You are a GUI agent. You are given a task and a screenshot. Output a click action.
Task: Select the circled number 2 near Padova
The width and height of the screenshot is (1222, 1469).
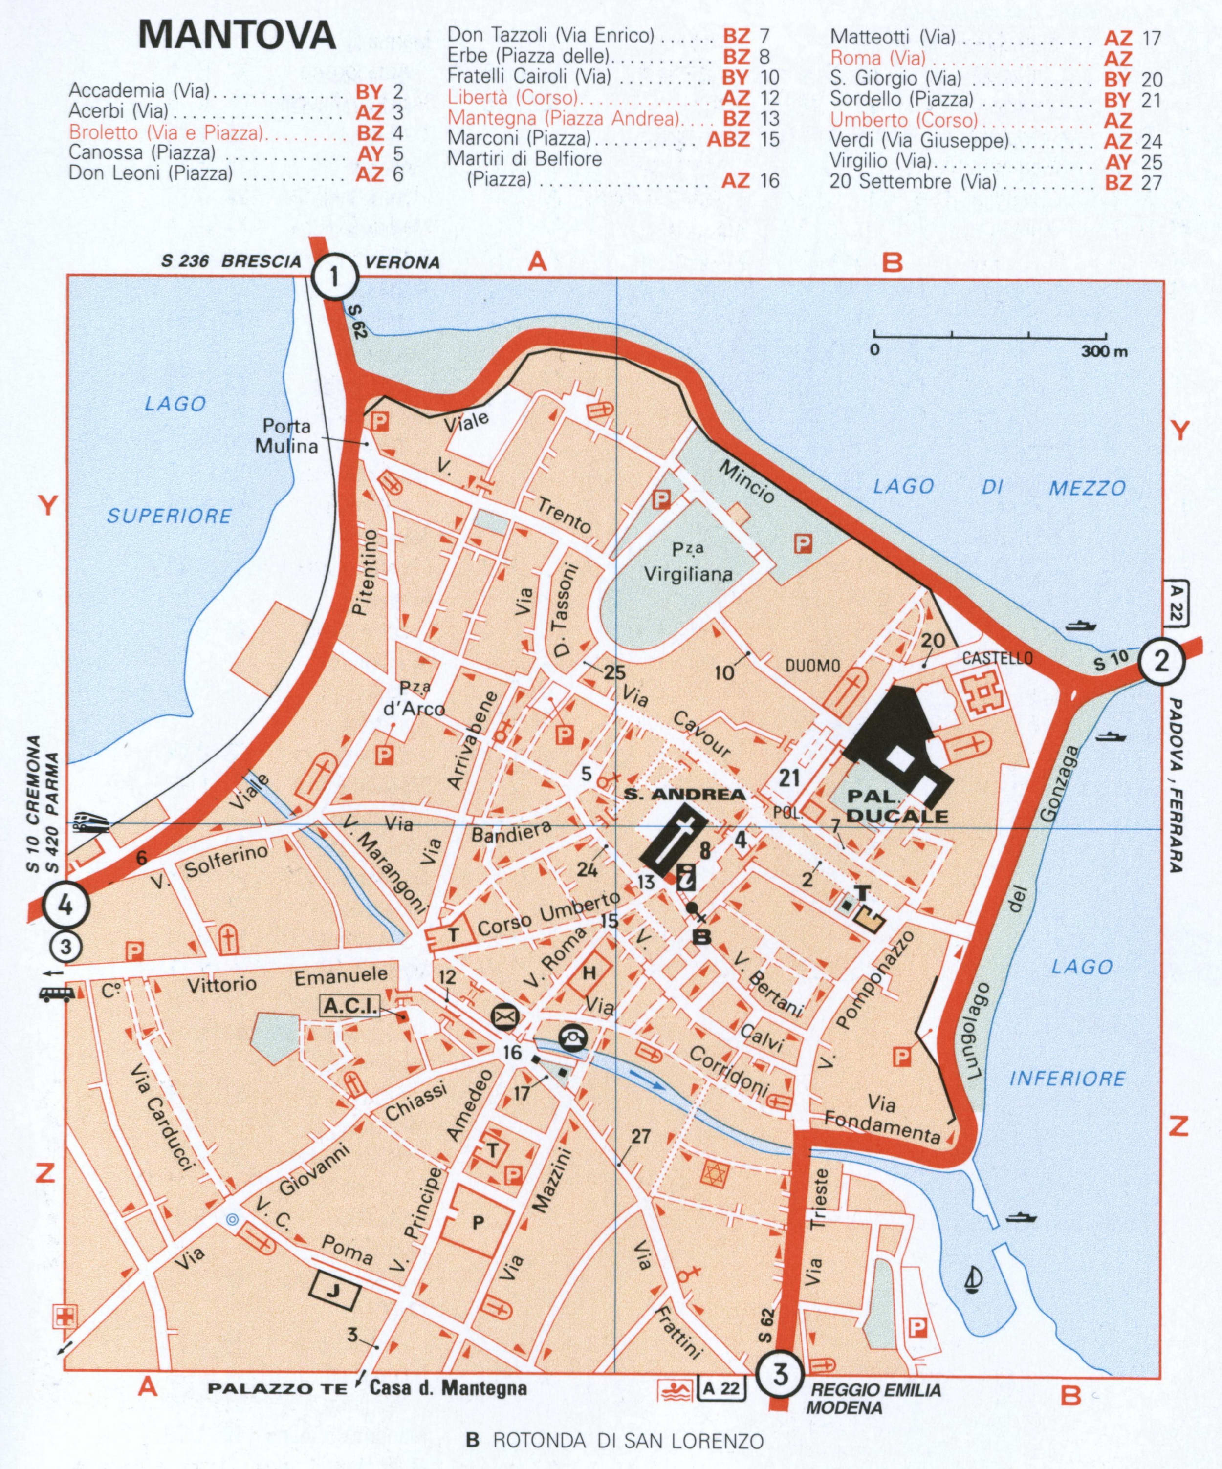(1161, 661)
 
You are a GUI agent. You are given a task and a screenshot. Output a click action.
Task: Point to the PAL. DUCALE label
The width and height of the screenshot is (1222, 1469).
(897, 806)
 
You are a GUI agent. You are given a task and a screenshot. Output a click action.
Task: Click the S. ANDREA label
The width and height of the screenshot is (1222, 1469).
(685, 794)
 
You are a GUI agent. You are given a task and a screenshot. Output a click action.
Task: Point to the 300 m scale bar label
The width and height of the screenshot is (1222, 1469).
(1104, 351)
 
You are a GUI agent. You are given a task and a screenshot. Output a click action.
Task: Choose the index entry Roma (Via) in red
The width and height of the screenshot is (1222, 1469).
(877, 58)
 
